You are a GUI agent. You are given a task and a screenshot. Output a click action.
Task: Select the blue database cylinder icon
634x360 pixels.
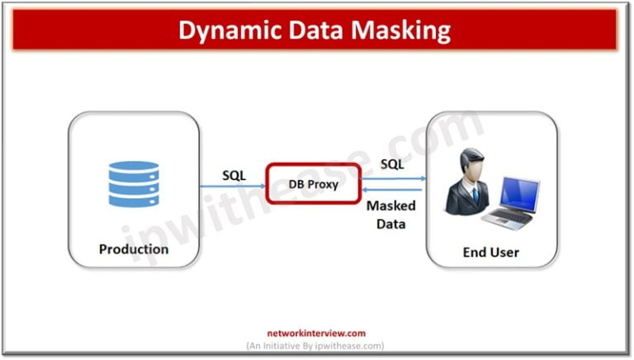pos(134,184)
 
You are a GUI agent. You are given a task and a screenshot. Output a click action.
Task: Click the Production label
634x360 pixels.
pos(134,249)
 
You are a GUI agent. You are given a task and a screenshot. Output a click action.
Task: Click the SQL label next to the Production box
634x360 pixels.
pos(234,175)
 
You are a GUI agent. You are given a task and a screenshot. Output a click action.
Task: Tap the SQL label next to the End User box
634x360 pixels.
pos(392,164)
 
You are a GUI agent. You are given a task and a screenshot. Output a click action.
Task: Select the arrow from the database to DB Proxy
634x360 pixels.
pos(233,186)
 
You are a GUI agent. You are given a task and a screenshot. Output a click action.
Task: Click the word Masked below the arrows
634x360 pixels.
pos(390,206)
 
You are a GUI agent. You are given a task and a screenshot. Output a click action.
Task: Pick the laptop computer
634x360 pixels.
pos(513,202)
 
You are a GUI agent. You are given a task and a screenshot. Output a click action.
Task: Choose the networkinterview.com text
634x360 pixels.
pos(315,334)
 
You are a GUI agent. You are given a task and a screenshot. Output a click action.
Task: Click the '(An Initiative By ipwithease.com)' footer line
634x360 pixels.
pos(315,345)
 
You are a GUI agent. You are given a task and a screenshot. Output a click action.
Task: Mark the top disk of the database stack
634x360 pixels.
pos(134,167)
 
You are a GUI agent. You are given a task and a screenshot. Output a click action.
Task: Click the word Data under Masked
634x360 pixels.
pos(390,223)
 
